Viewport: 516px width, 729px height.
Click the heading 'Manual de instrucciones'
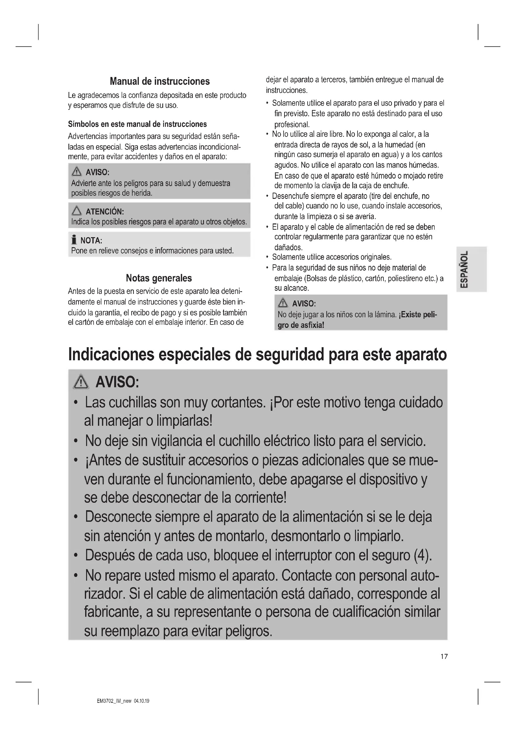click(x=159, y=82)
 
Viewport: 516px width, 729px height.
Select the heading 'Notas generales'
click(x=159, y=278)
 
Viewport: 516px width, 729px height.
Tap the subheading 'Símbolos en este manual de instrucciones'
click(x=137, y=124)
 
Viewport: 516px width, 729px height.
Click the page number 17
click(x=444, y=657)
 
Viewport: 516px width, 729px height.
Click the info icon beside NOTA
click(x=74, y=240)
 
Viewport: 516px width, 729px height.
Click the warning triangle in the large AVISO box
click(x=81, y=382)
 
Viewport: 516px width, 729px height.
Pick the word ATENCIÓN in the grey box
click(x=105, y=211)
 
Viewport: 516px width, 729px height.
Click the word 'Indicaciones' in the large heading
click(x=111, y=354)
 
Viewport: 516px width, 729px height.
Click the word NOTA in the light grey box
click(x=91, y=241)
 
